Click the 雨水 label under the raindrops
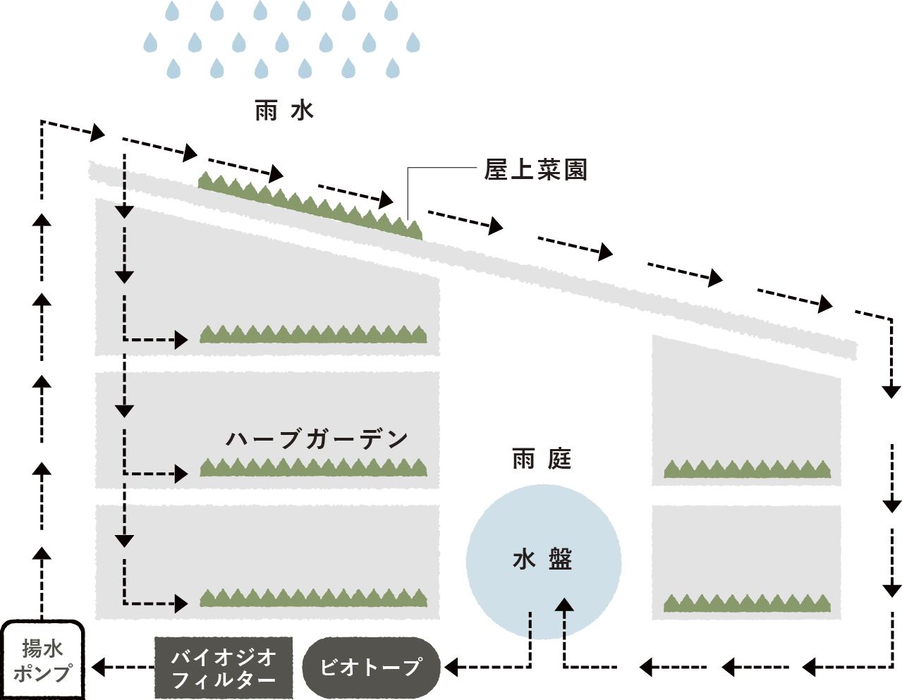tap(284, 111)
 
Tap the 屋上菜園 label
tap(535, 170)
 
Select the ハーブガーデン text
tap(317, 439)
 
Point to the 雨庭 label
tap(542, 459)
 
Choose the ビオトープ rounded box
tap(371, 667)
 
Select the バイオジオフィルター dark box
tap(224, 668)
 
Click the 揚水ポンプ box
tap(42, 661)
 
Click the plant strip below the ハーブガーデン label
tap(313, 468)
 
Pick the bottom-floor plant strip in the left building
tap(313, 598)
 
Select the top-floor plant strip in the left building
tap(313, 335)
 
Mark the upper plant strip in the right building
tap(747, 469)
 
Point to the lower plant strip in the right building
tap(747, 604)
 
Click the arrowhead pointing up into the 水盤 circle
tap(564, 605)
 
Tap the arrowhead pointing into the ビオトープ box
tap(451, 666)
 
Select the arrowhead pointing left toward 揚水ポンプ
tap(99, 666)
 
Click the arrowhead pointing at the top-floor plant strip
tap(182, 340)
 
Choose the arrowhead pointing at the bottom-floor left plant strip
tap(182, 603)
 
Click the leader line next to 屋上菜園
tap(441, 168)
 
